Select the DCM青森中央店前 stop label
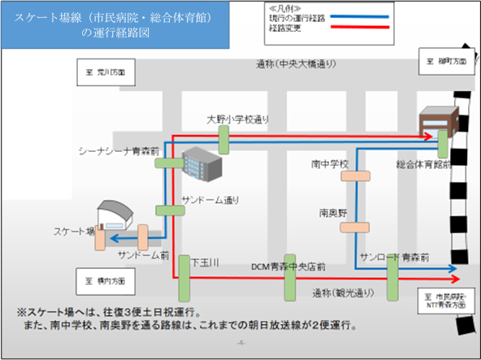288,266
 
